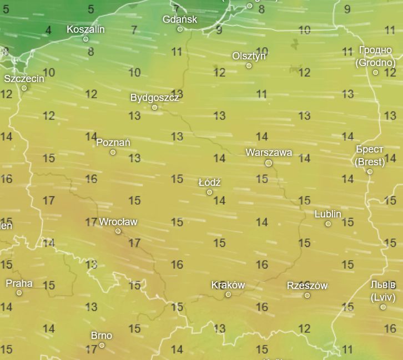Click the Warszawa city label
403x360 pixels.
pos(269,153)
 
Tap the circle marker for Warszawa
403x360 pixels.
pos(269,163)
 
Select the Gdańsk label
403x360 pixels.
pos(180,19)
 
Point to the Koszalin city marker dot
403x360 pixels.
pos(85,39)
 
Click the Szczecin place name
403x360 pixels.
pos(24,79)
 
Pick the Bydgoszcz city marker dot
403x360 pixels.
pos(154,107)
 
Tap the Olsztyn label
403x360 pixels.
pos(249,56)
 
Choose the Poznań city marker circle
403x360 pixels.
pos(113,152)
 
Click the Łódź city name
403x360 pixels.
pos(209,182)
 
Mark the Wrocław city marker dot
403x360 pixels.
pos(118,231)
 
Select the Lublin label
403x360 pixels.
pos(328,214)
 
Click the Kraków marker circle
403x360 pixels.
pos(228,295)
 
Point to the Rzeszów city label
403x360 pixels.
pos(307,286)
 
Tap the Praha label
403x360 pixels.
pos(19,283)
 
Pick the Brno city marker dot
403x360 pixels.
pos(102,346)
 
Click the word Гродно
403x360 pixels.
pos(375,50)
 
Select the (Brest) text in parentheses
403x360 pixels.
pos(370,162)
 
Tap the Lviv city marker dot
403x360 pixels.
pos(383,307)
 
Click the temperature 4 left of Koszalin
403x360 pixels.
pos(48,30)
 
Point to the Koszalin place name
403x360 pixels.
pos(85,29)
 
